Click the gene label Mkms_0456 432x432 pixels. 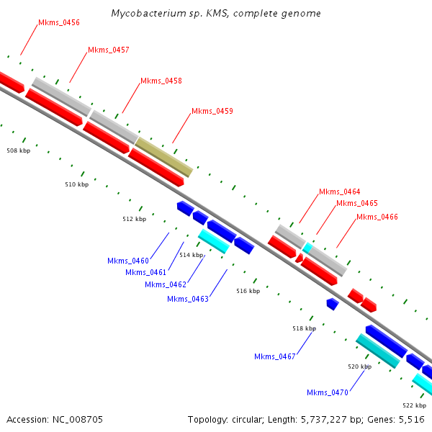click(59, 23)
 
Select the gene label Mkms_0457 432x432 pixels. click(109, 50)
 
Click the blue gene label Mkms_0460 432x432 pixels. click(128, 261)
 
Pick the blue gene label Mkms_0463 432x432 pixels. click(188, 299)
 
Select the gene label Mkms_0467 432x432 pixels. click(275, 356)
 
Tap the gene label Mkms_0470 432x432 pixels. click(328, 392)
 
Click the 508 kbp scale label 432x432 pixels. click(19, 151)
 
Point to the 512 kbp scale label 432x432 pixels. click(134, 219)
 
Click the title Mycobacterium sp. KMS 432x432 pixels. click(216, 14)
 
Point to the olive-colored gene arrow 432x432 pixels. click(164, 157)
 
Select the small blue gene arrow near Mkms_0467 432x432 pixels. click(332, 305)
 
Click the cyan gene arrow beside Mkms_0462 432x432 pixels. click(214, 241)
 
